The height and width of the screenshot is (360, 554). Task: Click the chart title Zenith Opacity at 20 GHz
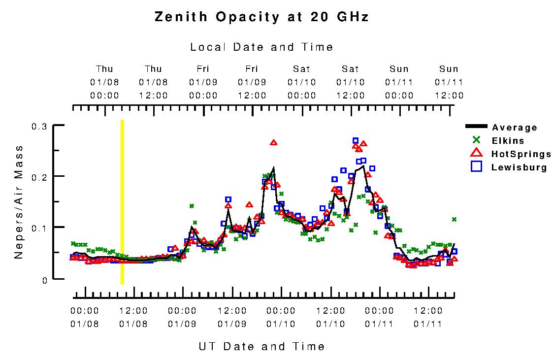pyautogui.click(x=261, y=17)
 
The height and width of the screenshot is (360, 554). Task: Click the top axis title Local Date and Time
pyautogui.click(x=261, y=47)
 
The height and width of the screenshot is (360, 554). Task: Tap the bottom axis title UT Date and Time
pyautogui.click(x=261, y=346)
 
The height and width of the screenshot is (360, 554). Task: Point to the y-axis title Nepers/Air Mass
pyautogui.click(x=19, y=202)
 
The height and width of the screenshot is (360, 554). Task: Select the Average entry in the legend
pyautogui.click(x=514, y=128)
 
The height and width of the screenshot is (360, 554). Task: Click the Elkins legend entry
pyautogui.click(x=507, y=141)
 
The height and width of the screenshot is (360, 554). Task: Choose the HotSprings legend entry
pyautogui.click(x=521, y=154)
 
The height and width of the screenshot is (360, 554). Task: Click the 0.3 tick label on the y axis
pyautogui.click(x=39, y=127)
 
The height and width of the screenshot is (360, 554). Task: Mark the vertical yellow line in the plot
pyautogui.click(x=122, y=202)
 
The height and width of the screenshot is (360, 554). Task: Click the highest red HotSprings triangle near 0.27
pyautogui.click(x=274, y=143)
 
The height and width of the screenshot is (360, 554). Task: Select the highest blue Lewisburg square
pyautogui.click(x=356, y=141)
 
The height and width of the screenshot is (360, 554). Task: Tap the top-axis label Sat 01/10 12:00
pyautogui.click(x=350, y=82)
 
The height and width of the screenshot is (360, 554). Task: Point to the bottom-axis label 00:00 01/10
pyautogui.click(x=281, y=317)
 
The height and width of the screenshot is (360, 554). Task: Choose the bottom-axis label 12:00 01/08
pyautogui.click(x=133, y=317)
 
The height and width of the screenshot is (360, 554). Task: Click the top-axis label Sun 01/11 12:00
pyautogui.click(x=449, y=82)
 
